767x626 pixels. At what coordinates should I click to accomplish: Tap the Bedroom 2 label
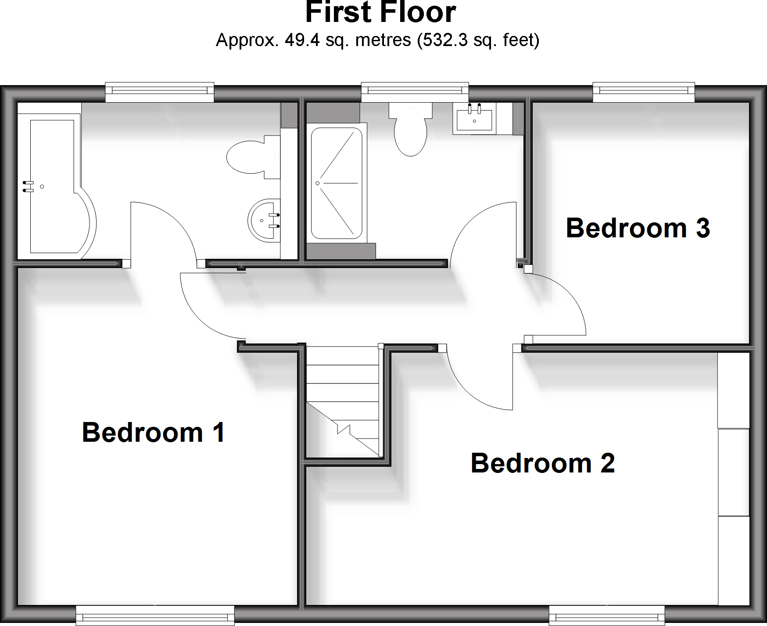[542, 463]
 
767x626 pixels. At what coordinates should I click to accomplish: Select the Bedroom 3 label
[638, 228]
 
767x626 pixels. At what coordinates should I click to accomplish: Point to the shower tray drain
[317, 183]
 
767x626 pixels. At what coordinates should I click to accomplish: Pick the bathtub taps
[28, 186]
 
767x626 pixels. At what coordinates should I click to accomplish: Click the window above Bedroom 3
[644, 92]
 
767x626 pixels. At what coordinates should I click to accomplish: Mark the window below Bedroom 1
[155, 615]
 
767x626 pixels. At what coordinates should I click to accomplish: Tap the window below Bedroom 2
[606, 615]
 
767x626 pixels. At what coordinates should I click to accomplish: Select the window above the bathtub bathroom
[160, 92]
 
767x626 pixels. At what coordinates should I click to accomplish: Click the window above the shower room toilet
[415, 92]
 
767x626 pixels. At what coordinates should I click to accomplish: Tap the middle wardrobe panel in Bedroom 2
[733, 472]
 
